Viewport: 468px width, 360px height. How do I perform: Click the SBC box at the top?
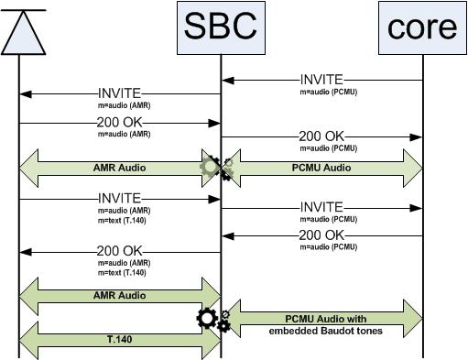[x=220, y=27]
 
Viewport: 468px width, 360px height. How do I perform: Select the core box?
[x=422, y=27]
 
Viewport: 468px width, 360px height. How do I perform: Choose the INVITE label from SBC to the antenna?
[x=119, y=93]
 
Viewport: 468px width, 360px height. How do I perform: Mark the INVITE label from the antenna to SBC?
[x=119, y=197]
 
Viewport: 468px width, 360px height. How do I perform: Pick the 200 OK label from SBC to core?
[x=321, y=136]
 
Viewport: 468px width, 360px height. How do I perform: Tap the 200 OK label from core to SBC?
[x=321, y=235]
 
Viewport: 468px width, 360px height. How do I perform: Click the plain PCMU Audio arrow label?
[x=321, y=168]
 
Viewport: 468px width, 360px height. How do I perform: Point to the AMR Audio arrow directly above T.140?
[x=119, y=296]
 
